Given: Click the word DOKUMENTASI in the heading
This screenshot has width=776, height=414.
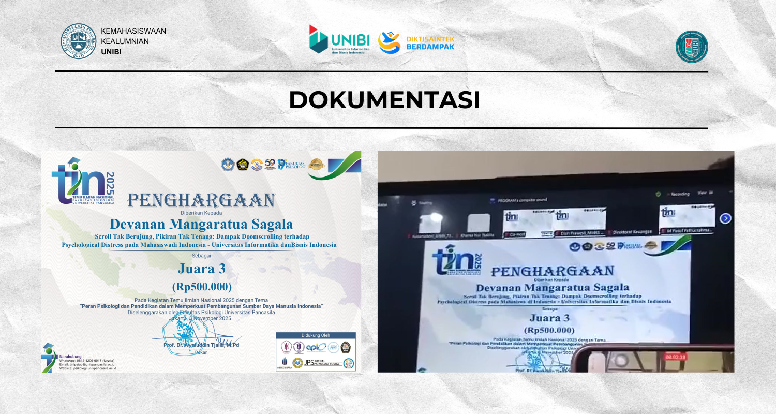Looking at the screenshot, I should (x=384, y=100).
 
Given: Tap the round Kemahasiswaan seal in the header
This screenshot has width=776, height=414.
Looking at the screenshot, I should (x=79, y=40).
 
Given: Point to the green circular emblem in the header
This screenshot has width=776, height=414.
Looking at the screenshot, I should (x=692, y=47).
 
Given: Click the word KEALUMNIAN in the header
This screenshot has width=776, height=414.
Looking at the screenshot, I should (x=125, y=41).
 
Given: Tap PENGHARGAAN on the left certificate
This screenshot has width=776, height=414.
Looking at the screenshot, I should (x=201, y=201).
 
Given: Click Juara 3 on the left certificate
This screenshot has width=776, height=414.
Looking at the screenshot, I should (x=202, y=268).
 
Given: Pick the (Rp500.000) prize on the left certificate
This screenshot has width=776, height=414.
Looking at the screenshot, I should (x=202, y=286).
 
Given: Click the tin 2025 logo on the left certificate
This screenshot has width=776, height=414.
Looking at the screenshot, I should (x=83, y=181).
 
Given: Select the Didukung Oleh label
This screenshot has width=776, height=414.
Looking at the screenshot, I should (x=316, y=335).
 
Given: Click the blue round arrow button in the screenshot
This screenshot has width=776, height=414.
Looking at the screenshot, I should (x=725, y=218).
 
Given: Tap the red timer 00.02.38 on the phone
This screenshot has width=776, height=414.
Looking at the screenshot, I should (x=675, y=357).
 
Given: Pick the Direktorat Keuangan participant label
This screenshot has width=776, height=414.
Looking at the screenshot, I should (x=632, y=232).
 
